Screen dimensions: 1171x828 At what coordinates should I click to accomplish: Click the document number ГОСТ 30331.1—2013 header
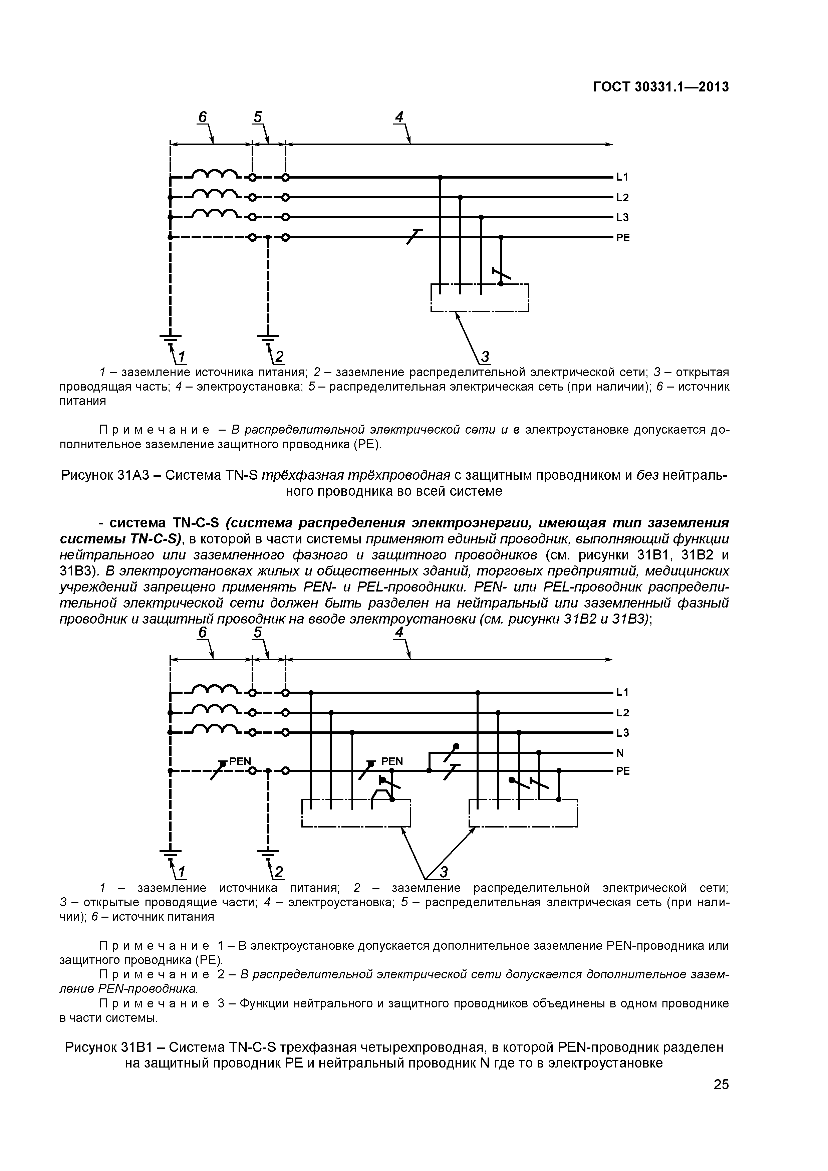pos(661,87)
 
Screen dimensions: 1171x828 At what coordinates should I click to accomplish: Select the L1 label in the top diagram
pos(622,177)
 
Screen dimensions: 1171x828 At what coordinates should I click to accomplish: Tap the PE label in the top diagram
pos(623,238)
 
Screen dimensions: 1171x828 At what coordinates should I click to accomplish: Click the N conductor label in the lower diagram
pos(620,753)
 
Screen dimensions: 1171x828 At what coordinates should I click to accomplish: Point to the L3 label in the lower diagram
pos(622,733)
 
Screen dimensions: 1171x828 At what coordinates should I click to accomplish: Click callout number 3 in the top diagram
pos(485,357)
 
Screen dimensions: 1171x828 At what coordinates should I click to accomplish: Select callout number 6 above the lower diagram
pos(203,633)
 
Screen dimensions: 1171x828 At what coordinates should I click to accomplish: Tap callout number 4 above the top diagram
pos(399,117)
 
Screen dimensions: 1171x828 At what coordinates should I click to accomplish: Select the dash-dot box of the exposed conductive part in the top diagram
pos(479,298)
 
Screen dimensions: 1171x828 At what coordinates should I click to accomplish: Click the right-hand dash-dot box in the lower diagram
pos(523,813)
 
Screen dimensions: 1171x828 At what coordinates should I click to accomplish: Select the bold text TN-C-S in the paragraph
pos(196,523)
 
